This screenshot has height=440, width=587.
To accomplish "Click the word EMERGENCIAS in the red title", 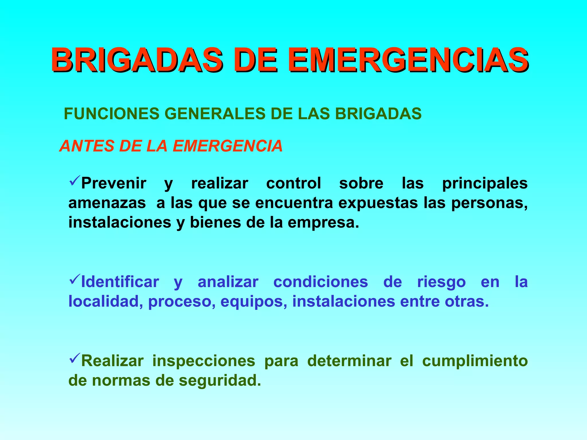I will pyautogui.click(x=408, y=60).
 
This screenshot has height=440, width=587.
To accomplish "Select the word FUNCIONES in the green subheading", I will pyautogui.click(x=111, y=113).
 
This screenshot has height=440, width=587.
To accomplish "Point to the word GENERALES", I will pyautogui.click(x=215, y=113).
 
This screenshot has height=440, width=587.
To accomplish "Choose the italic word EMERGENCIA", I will pyautogui.click(x=228, y=146).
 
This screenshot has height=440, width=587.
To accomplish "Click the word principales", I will pyautogui.click(x=485, y=184).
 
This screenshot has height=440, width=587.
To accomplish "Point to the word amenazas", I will pyautogui.click(x=107, y=203).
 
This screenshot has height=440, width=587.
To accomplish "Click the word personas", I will pyautogui.click(x=489, y=203).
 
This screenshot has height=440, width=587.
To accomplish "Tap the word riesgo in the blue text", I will pyautogui.click(x=441, y=282).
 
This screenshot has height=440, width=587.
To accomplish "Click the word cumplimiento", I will pyautogui.click(x=475, y=361).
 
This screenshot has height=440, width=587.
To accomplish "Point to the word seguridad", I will pyautogui.click(x=220, y=381).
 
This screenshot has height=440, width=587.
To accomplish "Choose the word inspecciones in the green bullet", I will pyautogui.click(x=204, y=361).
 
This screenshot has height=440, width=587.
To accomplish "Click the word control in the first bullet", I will pyautogui.click(x=293, y=183).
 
